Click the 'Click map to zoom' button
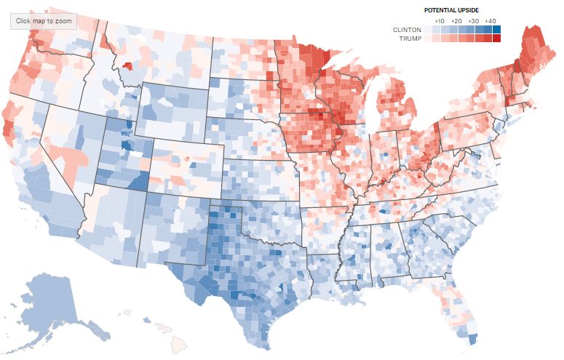point(44,21)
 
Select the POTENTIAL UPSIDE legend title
point(451,10)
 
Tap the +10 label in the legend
point(440,21)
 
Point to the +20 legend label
point(456,21)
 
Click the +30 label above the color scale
point(473,21)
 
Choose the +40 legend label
point(490,21)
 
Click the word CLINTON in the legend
point(407,30)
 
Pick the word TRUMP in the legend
point(410,39)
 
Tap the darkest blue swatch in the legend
point(496,30)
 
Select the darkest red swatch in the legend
point(496,38)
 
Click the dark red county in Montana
point(127,65)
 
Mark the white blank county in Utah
point(135,154)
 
